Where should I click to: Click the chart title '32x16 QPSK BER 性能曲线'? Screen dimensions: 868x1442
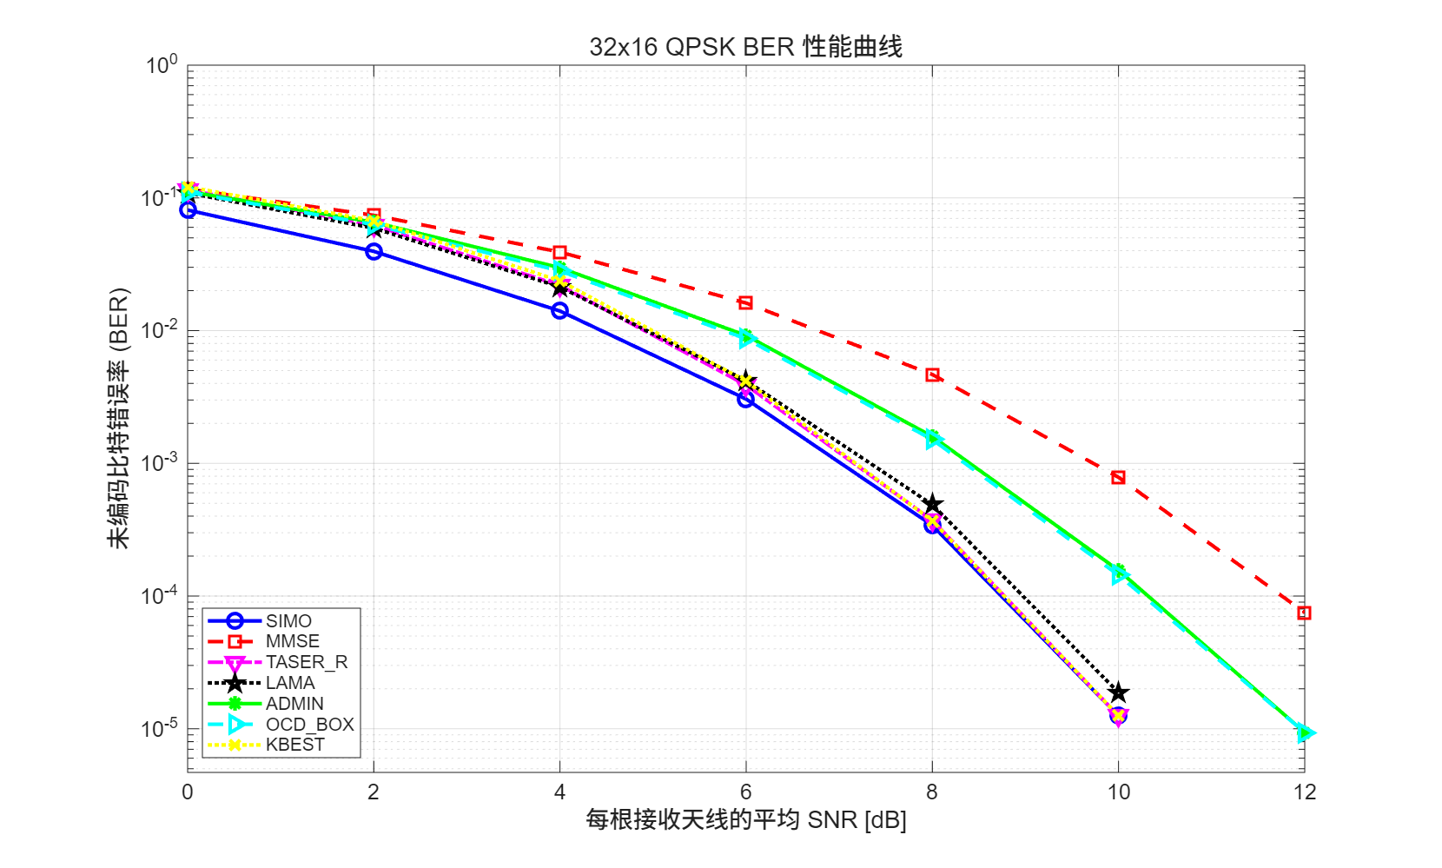745,46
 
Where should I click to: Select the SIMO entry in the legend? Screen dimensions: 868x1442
288,621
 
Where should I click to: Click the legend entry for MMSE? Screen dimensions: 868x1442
292,641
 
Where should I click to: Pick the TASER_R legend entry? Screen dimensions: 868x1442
306,662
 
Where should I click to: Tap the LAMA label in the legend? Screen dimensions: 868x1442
290,683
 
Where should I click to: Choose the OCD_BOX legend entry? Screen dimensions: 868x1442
309,725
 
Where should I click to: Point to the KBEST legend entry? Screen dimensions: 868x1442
294,745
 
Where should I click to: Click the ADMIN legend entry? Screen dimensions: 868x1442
294,704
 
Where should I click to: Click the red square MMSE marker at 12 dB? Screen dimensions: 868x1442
1304,613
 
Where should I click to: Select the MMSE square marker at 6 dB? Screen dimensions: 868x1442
745,302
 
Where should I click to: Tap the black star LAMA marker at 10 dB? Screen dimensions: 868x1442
1119,692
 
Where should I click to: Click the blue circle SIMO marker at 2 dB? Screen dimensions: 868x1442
374,252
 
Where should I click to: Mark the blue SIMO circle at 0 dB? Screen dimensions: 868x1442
188,210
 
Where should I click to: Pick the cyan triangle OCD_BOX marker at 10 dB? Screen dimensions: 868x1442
1119,575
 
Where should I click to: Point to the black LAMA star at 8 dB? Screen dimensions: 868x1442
932,505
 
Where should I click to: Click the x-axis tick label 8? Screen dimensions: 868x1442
932,792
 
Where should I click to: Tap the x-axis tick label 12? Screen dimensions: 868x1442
1304,792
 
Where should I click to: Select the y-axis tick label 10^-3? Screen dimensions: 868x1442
159,461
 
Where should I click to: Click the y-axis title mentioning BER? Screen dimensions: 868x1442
118,418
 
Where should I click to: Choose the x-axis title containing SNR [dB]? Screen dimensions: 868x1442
745,820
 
